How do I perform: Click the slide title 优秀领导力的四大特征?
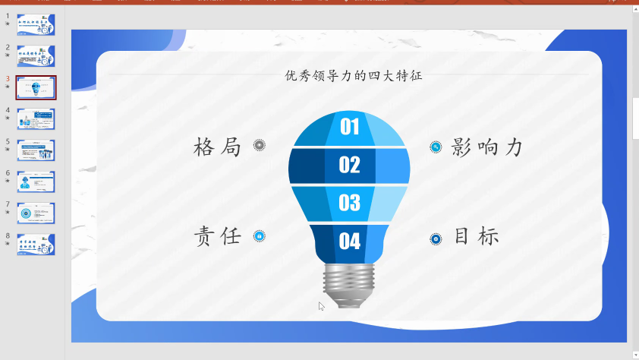pos(353,75)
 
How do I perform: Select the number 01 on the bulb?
pos(349,126)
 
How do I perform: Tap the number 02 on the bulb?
pos(349,164)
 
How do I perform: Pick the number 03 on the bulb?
pos(349,202)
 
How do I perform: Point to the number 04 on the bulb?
pos(349,241)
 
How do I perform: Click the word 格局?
pos(217,147)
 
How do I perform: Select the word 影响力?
pos(486,147)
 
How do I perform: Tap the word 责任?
pos(217,236)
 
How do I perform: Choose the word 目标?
pos(477,236)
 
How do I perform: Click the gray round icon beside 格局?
pos(260,145)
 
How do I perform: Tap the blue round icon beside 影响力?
pos(436,147)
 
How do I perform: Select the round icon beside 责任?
pos(260,236)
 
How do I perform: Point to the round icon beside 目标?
pos(436,238)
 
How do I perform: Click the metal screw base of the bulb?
pos(348,284)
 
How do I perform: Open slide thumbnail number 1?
pos(36,24)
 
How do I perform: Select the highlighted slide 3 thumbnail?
pos(36,87)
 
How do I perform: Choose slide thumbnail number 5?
pos(36,150)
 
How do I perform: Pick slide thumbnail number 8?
pos(36,244)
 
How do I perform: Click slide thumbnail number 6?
pos(36,182)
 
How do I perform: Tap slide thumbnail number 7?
pos(36,213)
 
